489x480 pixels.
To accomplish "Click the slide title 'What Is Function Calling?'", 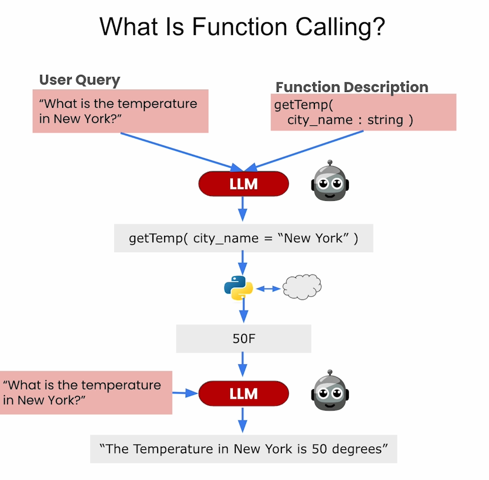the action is point(242,27).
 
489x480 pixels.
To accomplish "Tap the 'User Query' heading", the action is point(80,80).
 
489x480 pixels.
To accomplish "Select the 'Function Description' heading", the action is point(352,87).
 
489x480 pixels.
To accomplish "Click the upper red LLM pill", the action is point(244,184).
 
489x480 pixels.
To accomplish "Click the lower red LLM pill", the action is point(244,393).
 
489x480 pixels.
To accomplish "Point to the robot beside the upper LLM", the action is point(330,181).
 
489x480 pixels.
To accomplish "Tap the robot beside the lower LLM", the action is point(330,390).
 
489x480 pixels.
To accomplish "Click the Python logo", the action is point(238,288).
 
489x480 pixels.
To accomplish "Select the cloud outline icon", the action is point(302,287).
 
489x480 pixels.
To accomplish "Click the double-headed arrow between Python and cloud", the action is point(268,289).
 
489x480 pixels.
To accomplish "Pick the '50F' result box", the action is point(244,339).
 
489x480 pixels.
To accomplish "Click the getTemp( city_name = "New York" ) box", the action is point(244,238).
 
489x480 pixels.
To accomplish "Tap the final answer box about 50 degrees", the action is point(244,449).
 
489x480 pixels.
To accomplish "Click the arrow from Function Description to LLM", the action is point(304,151).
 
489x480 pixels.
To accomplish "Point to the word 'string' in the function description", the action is point(385,120).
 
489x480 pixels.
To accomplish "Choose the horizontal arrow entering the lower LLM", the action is point(185,393).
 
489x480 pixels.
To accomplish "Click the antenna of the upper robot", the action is point(330,163).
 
